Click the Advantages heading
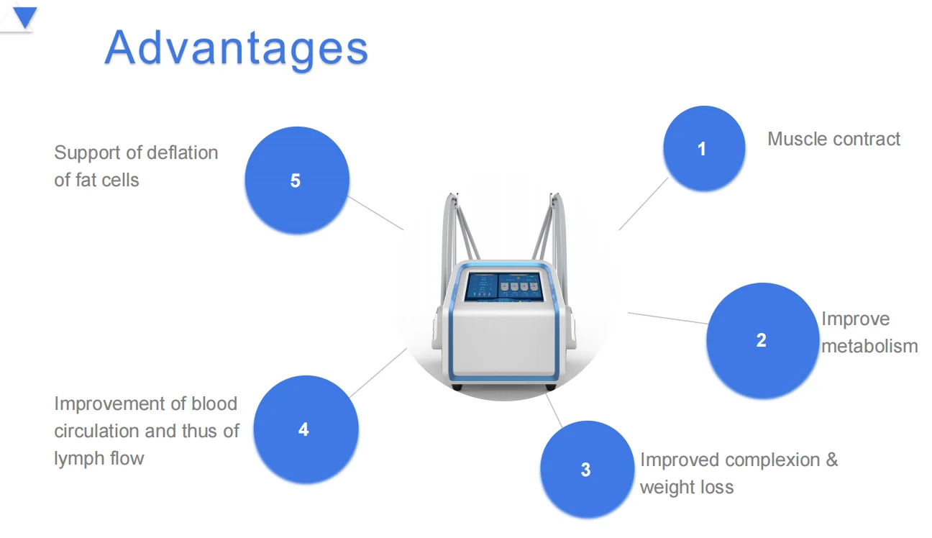click(236, 47)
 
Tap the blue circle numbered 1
click(703, 149)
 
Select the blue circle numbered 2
click(762, 340)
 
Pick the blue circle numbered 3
click(585, 470)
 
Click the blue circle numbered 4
click(304, 429)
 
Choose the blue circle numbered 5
click(296, 181)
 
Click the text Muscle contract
click(833, 139)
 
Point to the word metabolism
click(869, 346)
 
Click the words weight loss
click(687, 487)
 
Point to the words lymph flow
click(99, 458)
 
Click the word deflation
click(180, 152)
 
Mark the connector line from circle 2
click(668, 319)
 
